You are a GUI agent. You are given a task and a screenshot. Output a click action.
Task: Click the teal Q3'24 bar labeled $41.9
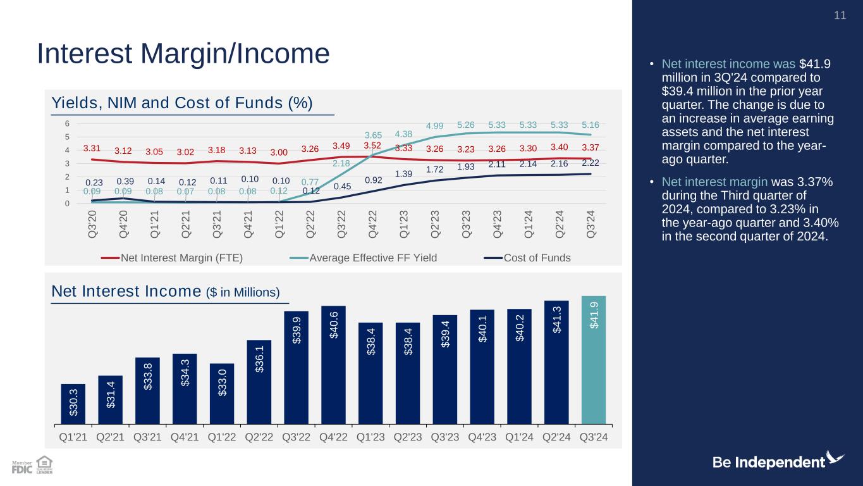point(593,359)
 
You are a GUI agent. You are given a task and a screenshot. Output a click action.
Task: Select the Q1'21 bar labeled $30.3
point(73,403)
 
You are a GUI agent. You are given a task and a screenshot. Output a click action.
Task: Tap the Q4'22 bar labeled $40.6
point(333,364)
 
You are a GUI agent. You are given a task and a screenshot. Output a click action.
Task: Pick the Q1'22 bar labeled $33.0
point(222,393)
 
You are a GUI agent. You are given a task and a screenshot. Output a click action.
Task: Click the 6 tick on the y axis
point(76,123)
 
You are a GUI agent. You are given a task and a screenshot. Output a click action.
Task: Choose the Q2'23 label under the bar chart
point(408,437)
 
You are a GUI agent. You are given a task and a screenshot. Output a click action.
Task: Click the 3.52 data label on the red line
point(372,146)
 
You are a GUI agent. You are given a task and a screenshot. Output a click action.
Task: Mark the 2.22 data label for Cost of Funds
point(591,163)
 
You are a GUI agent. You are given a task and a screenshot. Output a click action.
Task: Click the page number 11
point(840,15)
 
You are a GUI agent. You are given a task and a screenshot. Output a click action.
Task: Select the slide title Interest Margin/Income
point(183,54)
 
